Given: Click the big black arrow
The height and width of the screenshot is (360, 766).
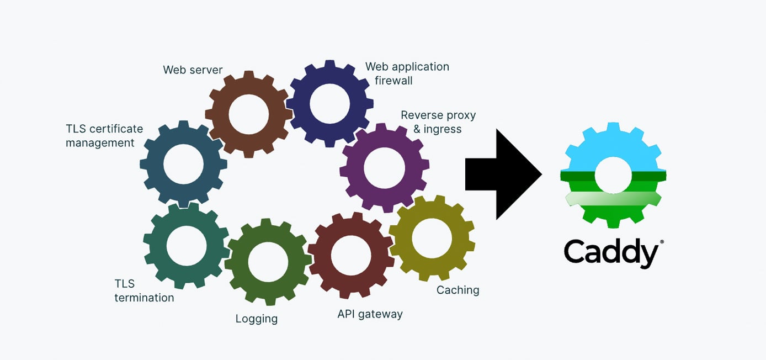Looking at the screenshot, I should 499,174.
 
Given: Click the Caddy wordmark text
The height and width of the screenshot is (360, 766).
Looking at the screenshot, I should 610,253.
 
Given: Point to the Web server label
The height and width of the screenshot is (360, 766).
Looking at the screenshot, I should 193,70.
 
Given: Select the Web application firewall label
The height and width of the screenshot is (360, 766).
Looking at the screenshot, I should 407,73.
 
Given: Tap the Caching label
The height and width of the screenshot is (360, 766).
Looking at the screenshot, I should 458,290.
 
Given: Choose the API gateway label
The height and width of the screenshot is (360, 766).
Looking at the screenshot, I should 370,314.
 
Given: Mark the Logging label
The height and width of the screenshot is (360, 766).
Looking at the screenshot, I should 256,319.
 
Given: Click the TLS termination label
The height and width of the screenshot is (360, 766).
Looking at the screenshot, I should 143,291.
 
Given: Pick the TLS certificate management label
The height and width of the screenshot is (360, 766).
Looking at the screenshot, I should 104,136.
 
